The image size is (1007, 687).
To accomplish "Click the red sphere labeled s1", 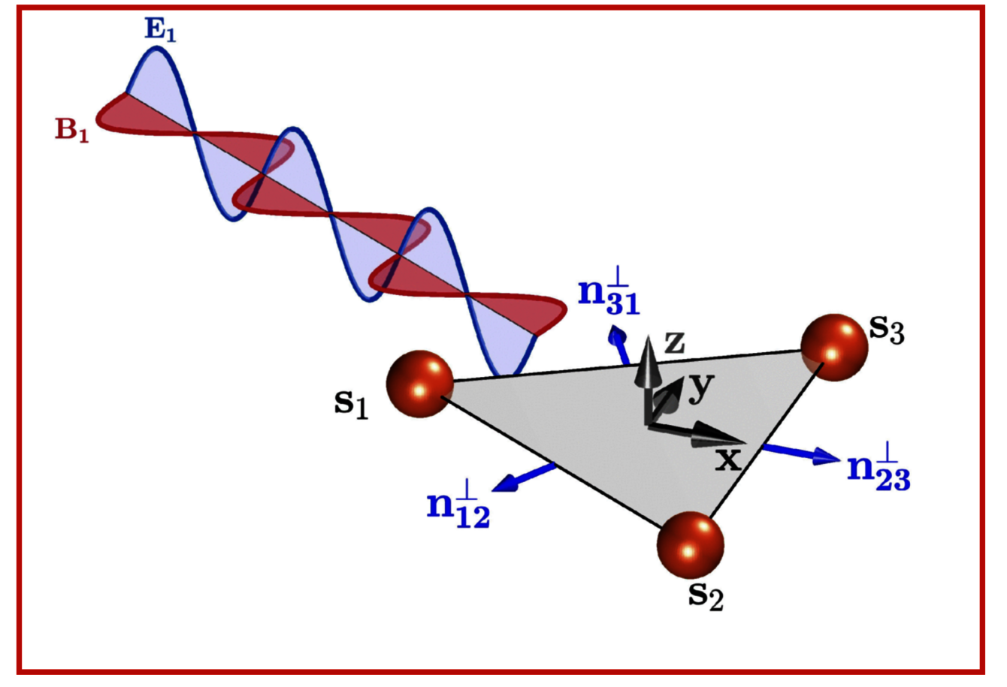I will click(420, 383).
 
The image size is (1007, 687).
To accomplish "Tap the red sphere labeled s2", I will click(690, 545).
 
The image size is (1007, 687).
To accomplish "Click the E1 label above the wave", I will click(160, 31).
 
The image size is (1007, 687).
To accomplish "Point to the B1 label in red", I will click(71, 130).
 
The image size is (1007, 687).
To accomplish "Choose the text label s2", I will click(706, 594).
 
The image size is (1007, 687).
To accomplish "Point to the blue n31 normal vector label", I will click(608, 295).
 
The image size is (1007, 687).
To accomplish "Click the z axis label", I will click(674, 343).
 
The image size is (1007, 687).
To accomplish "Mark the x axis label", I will click(727, 458).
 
